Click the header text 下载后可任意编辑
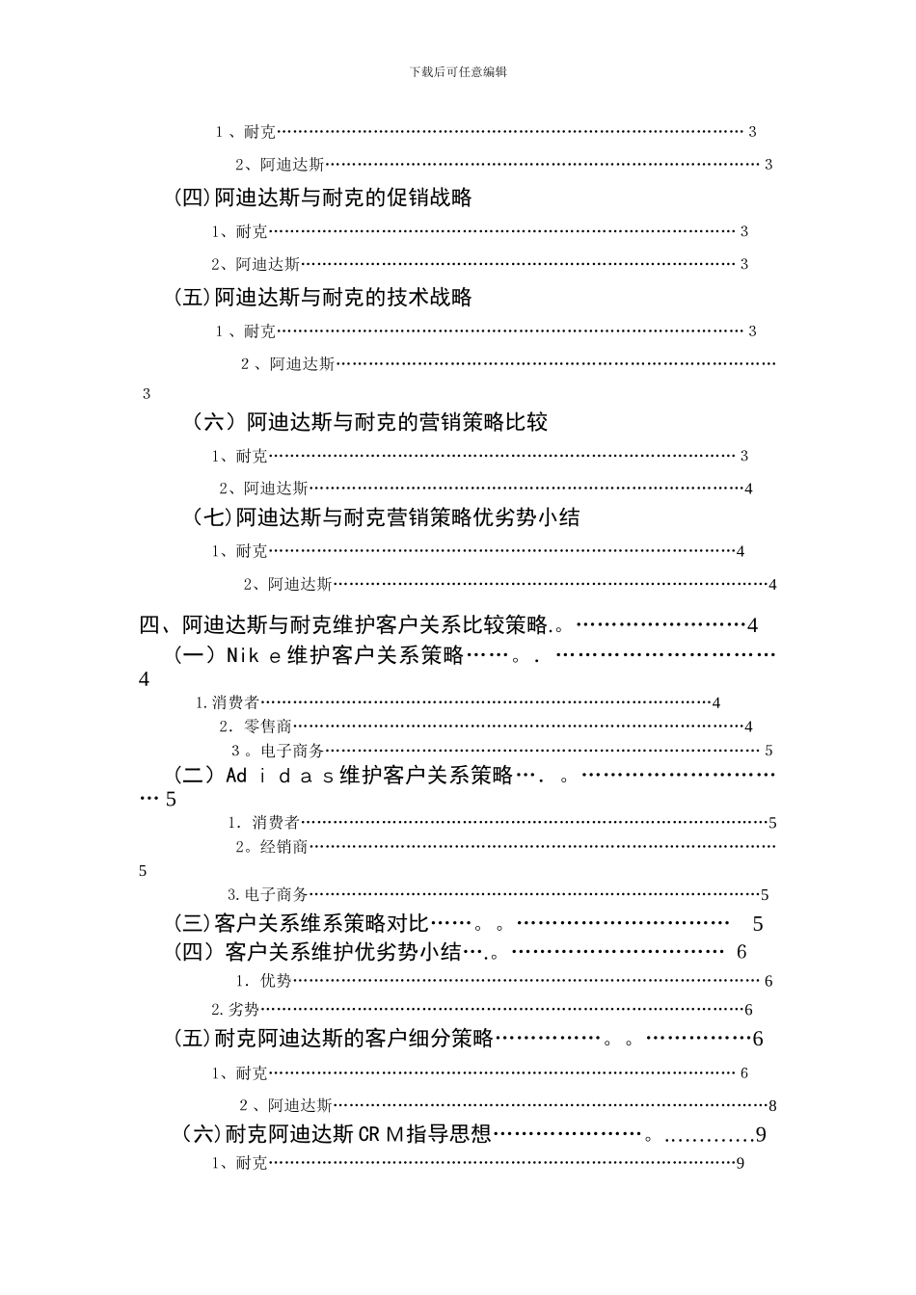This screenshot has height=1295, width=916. coord(458,72)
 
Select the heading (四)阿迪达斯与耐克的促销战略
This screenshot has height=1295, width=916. coord(323,198)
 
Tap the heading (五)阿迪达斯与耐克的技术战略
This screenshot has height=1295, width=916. coord(323,297)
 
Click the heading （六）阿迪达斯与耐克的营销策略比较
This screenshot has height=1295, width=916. coord(370,422)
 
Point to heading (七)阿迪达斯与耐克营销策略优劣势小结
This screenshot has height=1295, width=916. coord(386,517)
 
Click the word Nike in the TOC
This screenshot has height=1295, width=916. coord(254,656)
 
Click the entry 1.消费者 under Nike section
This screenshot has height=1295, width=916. coord(228,703)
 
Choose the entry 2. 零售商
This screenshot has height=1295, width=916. coord(256,727)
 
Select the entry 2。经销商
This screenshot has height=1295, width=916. coord(272,847)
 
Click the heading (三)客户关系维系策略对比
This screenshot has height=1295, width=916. coord(302,924)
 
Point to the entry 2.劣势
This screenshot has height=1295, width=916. coord(235,1010)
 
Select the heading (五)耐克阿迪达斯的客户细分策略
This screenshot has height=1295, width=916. coord(334,1039)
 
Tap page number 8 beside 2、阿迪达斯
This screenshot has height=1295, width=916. coord(773,1106)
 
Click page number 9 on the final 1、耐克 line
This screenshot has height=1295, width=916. coord(741,1163)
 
